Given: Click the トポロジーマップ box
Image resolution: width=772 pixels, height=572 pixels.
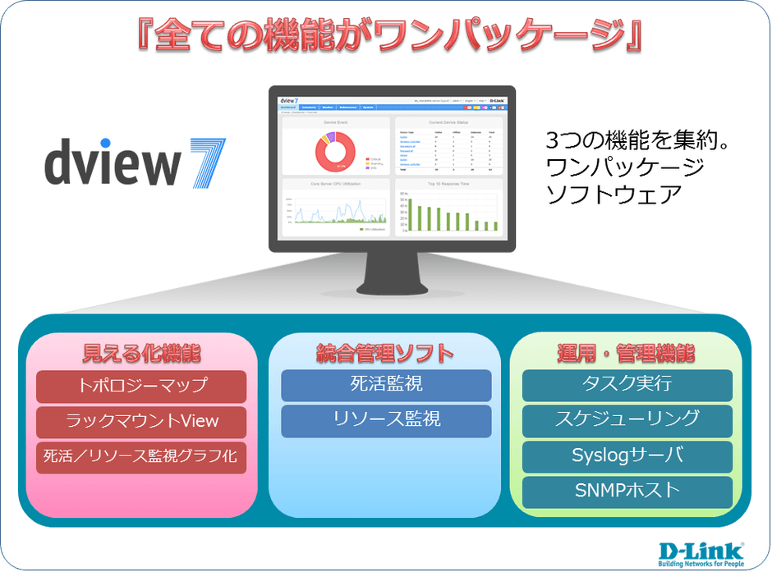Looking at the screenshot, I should click(x=141, y=385).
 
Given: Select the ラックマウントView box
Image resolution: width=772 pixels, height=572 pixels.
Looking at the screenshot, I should click(x=141, y=421).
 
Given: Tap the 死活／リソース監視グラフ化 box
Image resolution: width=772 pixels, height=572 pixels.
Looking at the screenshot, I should click(x=141, y=456).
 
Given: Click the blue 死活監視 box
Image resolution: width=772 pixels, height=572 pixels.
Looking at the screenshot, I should click(x=386, y=385).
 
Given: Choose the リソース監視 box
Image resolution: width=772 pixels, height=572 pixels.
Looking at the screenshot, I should click(x=386, y=419).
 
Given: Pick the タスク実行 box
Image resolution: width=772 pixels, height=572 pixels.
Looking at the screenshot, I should click(x=627, y=385).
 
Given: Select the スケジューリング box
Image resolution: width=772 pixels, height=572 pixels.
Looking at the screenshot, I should click(x=627, y=419).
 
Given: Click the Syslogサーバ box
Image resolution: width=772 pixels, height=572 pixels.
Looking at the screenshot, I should click(x=627, y=455).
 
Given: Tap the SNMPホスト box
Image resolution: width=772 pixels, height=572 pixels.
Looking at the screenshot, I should click(x=627, y=491).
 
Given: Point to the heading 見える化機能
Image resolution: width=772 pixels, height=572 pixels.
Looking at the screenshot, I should click(x=141, y=354).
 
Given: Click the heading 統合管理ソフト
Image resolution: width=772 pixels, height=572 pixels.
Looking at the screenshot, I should click(x=386, y=354).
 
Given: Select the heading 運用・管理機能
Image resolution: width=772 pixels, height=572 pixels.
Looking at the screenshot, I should click(x=627, y=354).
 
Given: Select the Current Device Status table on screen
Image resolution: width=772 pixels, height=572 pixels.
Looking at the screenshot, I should click(x=448, y=149).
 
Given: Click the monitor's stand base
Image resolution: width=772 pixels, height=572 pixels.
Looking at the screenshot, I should click(x=392, y=288).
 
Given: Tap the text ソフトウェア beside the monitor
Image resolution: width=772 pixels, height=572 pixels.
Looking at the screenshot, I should click(x=614, y=195).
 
